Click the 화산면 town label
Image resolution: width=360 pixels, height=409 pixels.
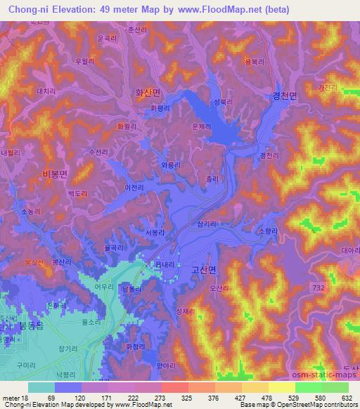point(147,91)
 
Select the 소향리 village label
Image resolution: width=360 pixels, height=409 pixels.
point(269,230)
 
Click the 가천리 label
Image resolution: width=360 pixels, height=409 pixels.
point(328,87)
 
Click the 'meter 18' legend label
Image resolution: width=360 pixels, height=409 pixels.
point(15,398)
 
